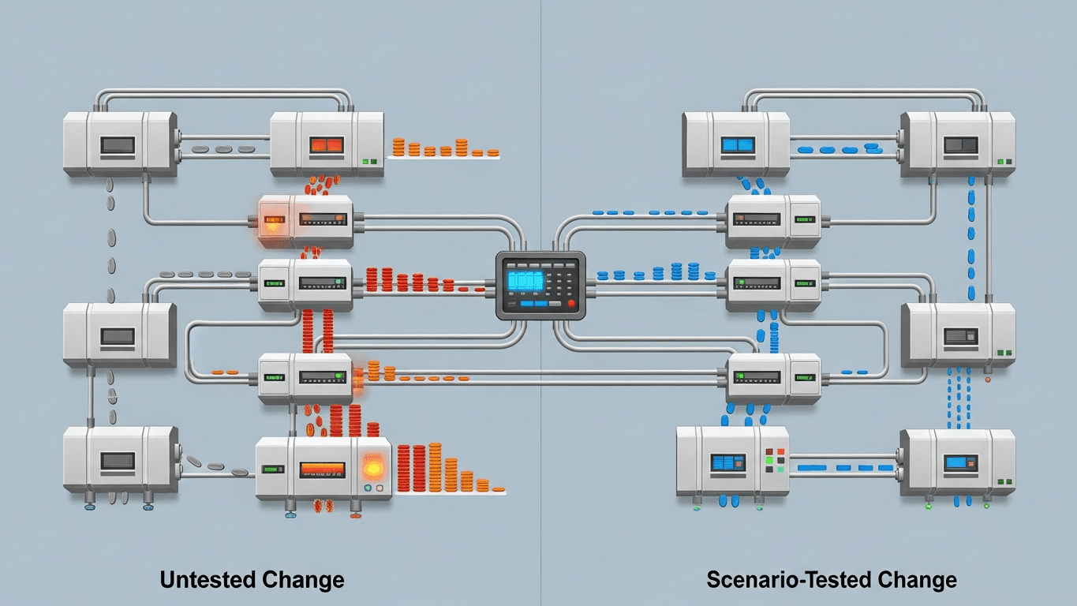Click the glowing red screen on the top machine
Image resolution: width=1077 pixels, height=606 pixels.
327,145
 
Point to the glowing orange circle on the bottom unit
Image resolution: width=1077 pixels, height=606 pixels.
373,468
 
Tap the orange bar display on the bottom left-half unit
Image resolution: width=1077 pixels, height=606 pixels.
322,468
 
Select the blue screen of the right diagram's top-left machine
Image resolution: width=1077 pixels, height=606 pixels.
739,145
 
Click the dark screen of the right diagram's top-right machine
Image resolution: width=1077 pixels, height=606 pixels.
960,144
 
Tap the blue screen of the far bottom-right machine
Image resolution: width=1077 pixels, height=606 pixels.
959,462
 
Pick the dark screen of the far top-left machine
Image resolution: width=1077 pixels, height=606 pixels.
118,145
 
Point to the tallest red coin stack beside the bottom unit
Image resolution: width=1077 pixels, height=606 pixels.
418,467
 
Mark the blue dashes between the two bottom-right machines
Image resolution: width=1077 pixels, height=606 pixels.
844,468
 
